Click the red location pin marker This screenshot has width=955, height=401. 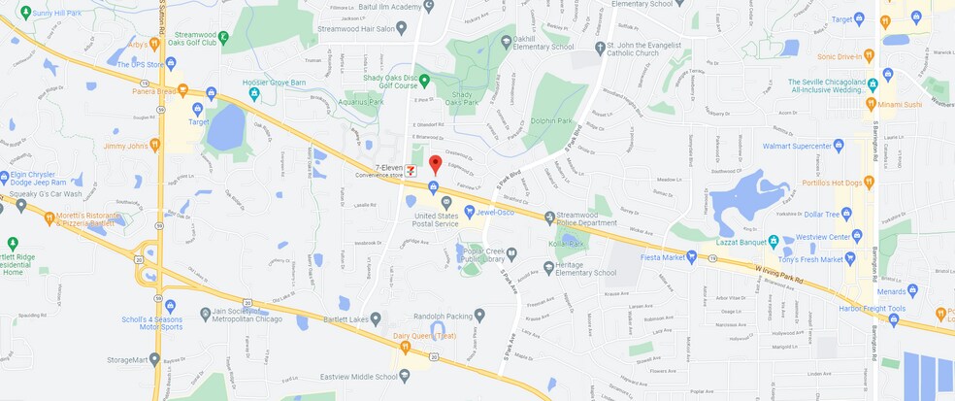point(436,164)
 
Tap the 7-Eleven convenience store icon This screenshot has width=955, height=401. point(411,169)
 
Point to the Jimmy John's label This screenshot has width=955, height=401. point(126,146)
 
